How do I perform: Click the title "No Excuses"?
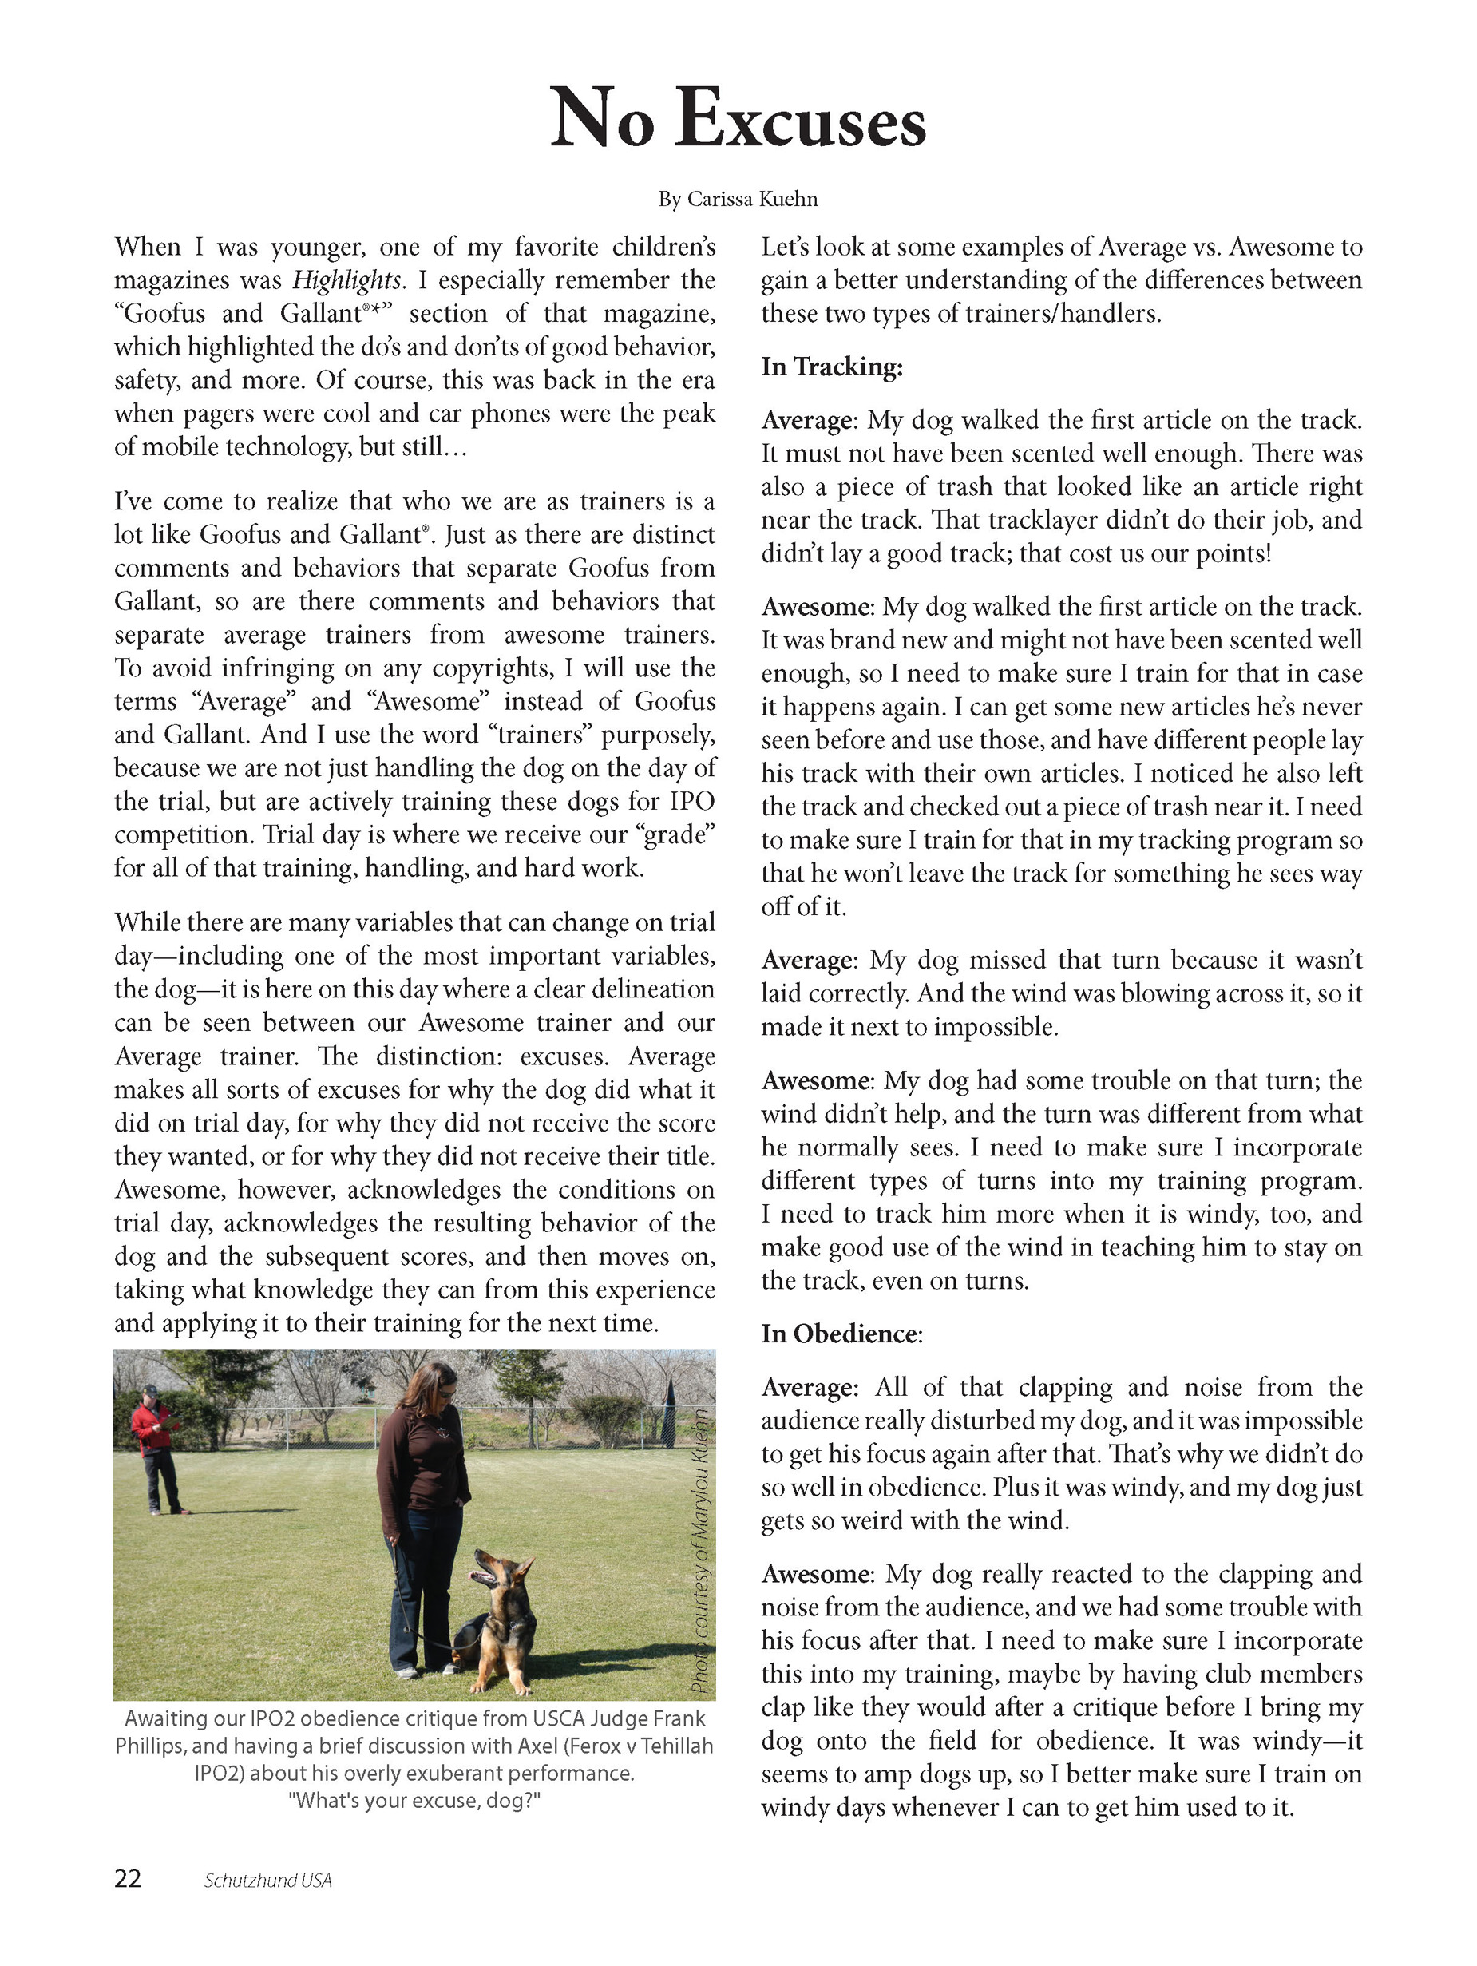pos(738,119)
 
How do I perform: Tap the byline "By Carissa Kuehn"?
pos(738,199)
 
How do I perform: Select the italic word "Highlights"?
pos(346,281)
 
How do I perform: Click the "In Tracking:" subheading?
pos(832,367)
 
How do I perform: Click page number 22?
pos(128,1879)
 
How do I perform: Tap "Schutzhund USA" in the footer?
pos(267,1881)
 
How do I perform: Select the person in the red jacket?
pos(156,1453)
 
